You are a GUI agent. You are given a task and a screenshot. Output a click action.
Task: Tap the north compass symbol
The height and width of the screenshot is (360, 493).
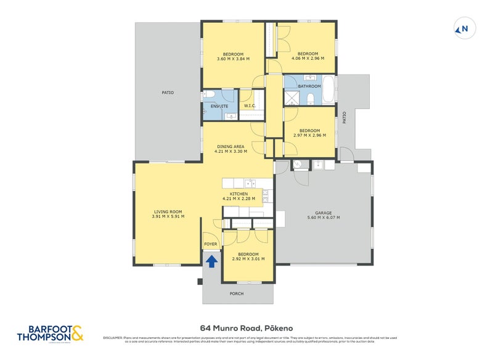point(462,28)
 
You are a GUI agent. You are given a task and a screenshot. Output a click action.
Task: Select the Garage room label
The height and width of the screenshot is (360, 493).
point(324,212)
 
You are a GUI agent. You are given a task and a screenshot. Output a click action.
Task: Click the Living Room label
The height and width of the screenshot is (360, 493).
point(166,212)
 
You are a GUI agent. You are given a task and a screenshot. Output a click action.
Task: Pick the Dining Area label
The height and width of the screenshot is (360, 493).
point(230,146)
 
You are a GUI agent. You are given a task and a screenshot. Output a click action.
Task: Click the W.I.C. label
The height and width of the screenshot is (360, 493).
point(250,106)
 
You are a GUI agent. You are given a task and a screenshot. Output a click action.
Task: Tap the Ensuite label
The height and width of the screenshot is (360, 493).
point(219,106)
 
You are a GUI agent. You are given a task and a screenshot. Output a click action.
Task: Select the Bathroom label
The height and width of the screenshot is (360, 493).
point(309,86)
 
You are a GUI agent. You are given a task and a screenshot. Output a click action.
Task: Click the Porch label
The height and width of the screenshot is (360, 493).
point(236,293)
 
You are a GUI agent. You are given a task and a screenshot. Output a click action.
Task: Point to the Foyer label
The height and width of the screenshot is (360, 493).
point(211,244)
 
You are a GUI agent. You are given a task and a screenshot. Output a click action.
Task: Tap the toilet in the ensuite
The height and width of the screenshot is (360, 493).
point(209,94)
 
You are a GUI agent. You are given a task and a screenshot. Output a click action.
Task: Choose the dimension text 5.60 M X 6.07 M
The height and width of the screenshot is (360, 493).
point(324,218)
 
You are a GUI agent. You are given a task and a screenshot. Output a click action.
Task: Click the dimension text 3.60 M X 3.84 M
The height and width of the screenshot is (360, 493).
point(233,59)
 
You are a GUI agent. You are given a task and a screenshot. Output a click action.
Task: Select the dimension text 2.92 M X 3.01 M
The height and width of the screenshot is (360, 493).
point(248,259)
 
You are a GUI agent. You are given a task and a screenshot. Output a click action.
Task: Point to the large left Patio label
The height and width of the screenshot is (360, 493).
point(168,92)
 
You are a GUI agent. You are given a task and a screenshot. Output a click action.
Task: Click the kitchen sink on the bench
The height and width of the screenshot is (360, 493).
point(250,182)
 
